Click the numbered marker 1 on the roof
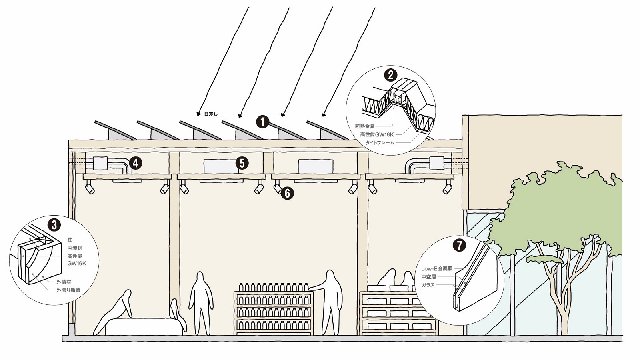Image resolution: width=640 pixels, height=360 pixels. pyautogui.click(x=262, y=122)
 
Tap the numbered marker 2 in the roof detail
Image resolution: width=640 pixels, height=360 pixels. pyautogui.click(x=390, y=75)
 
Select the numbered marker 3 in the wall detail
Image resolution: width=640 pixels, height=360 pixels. pyautogui.click(x=54, y=225)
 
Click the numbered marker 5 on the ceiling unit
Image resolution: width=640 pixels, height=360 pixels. pyautogui.click(x=242, y=163)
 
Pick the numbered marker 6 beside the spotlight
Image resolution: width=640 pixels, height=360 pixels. pyautogui.click(x=287, y=194)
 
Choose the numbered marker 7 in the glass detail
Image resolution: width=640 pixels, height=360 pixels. pyautogui.click(x=459, y=245)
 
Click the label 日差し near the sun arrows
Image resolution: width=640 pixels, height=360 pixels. pyautogui.click(x=211, y=114)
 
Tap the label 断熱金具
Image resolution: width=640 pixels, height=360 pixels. pyautogui.click(x=365, y=126)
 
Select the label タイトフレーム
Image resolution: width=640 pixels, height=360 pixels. pyautogui.click(x=380, y=143)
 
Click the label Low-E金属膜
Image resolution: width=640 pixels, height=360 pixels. pyautogui.click(x=437, y=269)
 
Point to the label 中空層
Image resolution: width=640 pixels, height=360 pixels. pyautogui.click(x=428, y=277)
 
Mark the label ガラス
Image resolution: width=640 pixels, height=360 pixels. pyautogui.click(x=428, y=285)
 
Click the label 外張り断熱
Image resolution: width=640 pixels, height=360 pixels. pyautogui.click(x=68, y=290)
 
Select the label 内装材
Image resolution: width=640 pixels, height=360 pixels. pyautogui.click(x=75, y=248)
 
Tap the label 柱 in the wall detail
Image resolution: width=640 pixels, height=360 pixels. pyautogui.click(x=70, y=240)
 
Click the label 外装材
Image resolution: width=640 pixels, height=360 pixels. pyautogui.click(x=64, y=282)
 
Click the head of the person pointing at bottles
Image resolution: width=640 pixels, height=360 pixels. pyautogui.click(x=330, y=276)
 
